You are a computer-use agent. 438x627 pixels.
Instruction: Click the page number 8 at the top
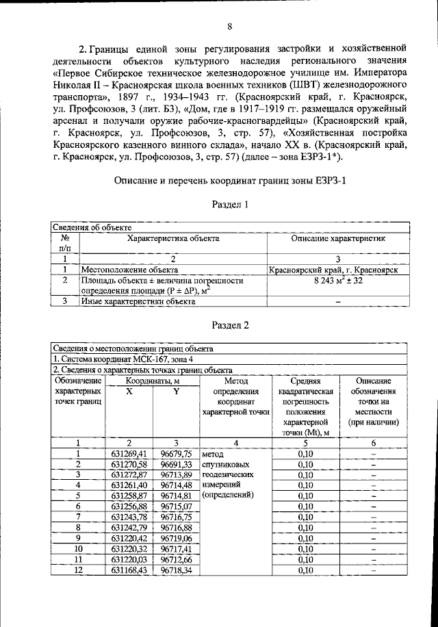[230, 27]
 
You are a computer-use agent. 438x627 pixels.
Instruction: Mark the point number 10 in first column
[78, 549]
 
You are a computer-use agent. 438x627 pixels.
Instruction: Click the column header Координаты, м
[153, 381]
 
